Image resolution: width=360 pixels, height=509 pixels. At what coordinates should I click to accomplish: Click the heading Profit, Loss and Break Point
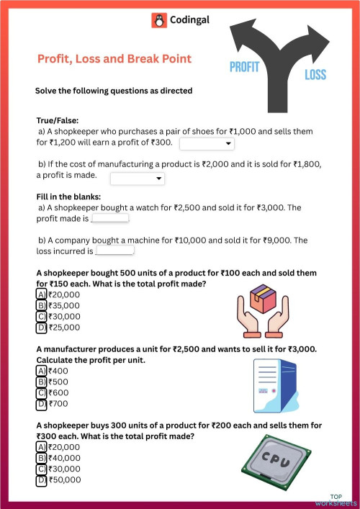[114, 59]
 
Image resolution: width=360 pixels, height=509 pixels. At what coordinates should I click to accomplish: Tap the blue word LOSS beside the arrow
[315, 75]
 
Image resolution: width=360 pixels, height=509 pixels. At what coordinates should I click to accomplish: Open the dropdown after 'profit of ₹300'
[207, 144]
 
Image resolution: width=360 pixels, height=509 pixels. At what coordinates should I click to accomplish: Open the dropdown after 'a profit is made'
[138, 178]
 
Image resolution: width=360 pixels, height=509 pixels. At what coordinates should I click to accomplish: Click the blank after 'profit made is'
[110, 218]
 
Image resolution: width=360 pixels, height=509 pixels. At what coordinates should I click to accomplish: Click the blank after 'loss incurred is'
[114, 251]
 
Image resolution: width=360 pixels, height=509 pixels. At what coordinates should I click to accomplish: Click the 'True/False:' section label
[58, 121]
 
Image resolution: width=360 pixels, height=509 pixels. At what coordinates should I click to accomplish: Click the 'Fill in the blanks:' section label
[68, 197]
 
